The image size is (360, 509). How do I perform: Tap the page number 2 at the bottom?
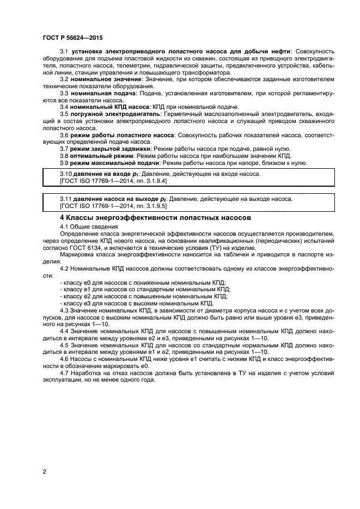44,471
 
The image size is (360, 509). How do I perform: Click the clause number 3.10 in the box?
66,174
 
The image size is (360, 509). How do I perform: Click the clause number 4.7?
64,373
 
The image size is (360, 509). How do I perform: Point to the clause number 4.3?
64,310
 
